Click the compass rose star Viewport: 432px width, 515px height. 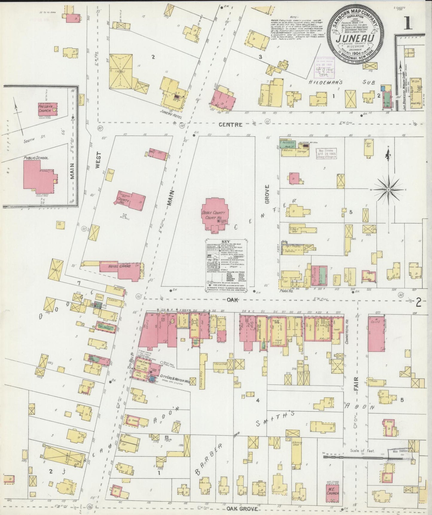tap(388, 190)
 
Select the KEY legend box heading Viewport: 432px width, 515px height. tap(226, 242)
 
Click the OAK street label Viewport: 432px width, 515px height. tap(232, 300)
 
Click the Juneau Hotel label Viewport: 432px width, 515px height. tap(171, 114)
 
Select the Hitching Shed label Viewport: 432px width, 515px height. tap(297, 444)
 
